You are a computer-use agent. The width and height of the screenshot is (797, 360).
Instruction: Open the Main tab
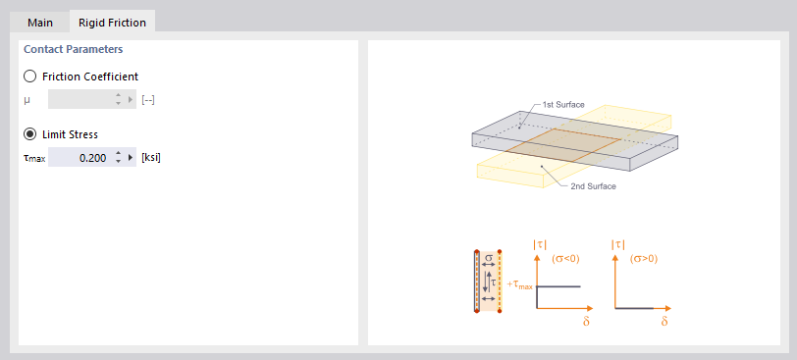click(40, 22)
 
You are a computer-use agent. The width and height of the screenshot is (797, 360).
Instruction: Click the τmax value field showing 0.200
click(79, 157)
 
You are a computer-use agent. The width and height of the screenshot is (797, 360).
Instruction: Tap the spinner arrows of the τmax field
click(118, 157)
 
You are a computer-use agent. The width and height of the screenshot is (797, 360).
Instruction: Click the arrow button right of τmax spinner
click(131, 157)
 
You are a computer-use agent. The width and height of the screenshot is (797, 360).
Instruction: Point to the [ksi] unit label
click(151, 157)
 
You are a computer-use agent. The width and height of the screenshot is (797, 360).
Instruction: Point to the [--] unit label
click(148, 99)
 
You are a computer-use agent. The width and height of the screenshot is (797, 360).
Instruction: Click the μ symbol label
click(27, 99)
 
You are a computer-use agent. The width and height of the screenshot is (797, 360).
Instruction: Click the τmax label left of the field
click(33, 157)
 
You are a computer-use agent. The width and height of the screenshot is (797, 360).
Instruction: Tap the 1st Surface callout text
click(563, 104)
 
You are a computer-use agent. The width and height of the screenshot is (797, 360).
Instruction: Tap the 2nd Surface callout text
click(593, 185)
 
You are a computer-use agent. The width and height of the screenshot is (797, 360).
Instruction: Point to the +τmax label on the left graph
click(520, 284)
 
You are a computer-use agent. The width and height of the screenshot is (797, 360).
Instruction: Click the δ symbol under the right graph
click(664, 321)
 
